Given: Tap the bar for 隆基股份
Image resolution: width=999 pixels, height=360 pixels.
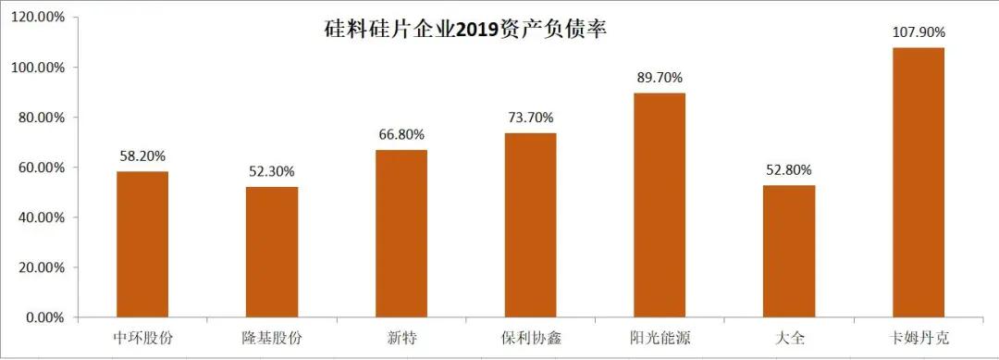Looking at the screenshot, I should (272, 252).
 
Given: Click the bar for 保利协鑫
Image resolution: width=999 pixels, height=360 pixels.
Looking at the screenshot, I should (530, 225).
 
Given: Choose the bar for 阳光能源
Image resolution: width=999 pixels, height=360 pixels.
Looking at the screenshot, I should (660, 205).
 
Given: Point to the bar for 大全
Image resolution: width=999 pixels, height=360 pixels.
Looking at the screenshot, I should (789, 251).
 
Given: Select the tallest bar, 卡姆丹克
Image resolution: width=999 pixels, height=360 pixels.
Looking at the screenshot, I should (918, 182).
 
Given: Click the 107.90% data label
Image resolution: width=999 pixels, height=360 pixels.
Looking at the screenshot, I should (918, 32).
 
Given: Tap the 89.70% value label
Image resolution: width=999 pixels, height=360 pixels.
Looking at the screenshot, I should (660, 78).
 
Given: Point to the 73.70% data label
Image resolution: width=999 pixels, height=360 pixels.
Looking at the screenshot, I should (530, 118).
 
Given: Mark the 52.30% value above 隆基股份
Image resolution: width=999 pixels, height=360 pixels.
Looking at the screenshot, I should (272, 171).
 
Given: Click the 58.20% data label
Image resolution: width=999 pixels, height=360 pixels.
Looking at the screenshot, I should (142, 156).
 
